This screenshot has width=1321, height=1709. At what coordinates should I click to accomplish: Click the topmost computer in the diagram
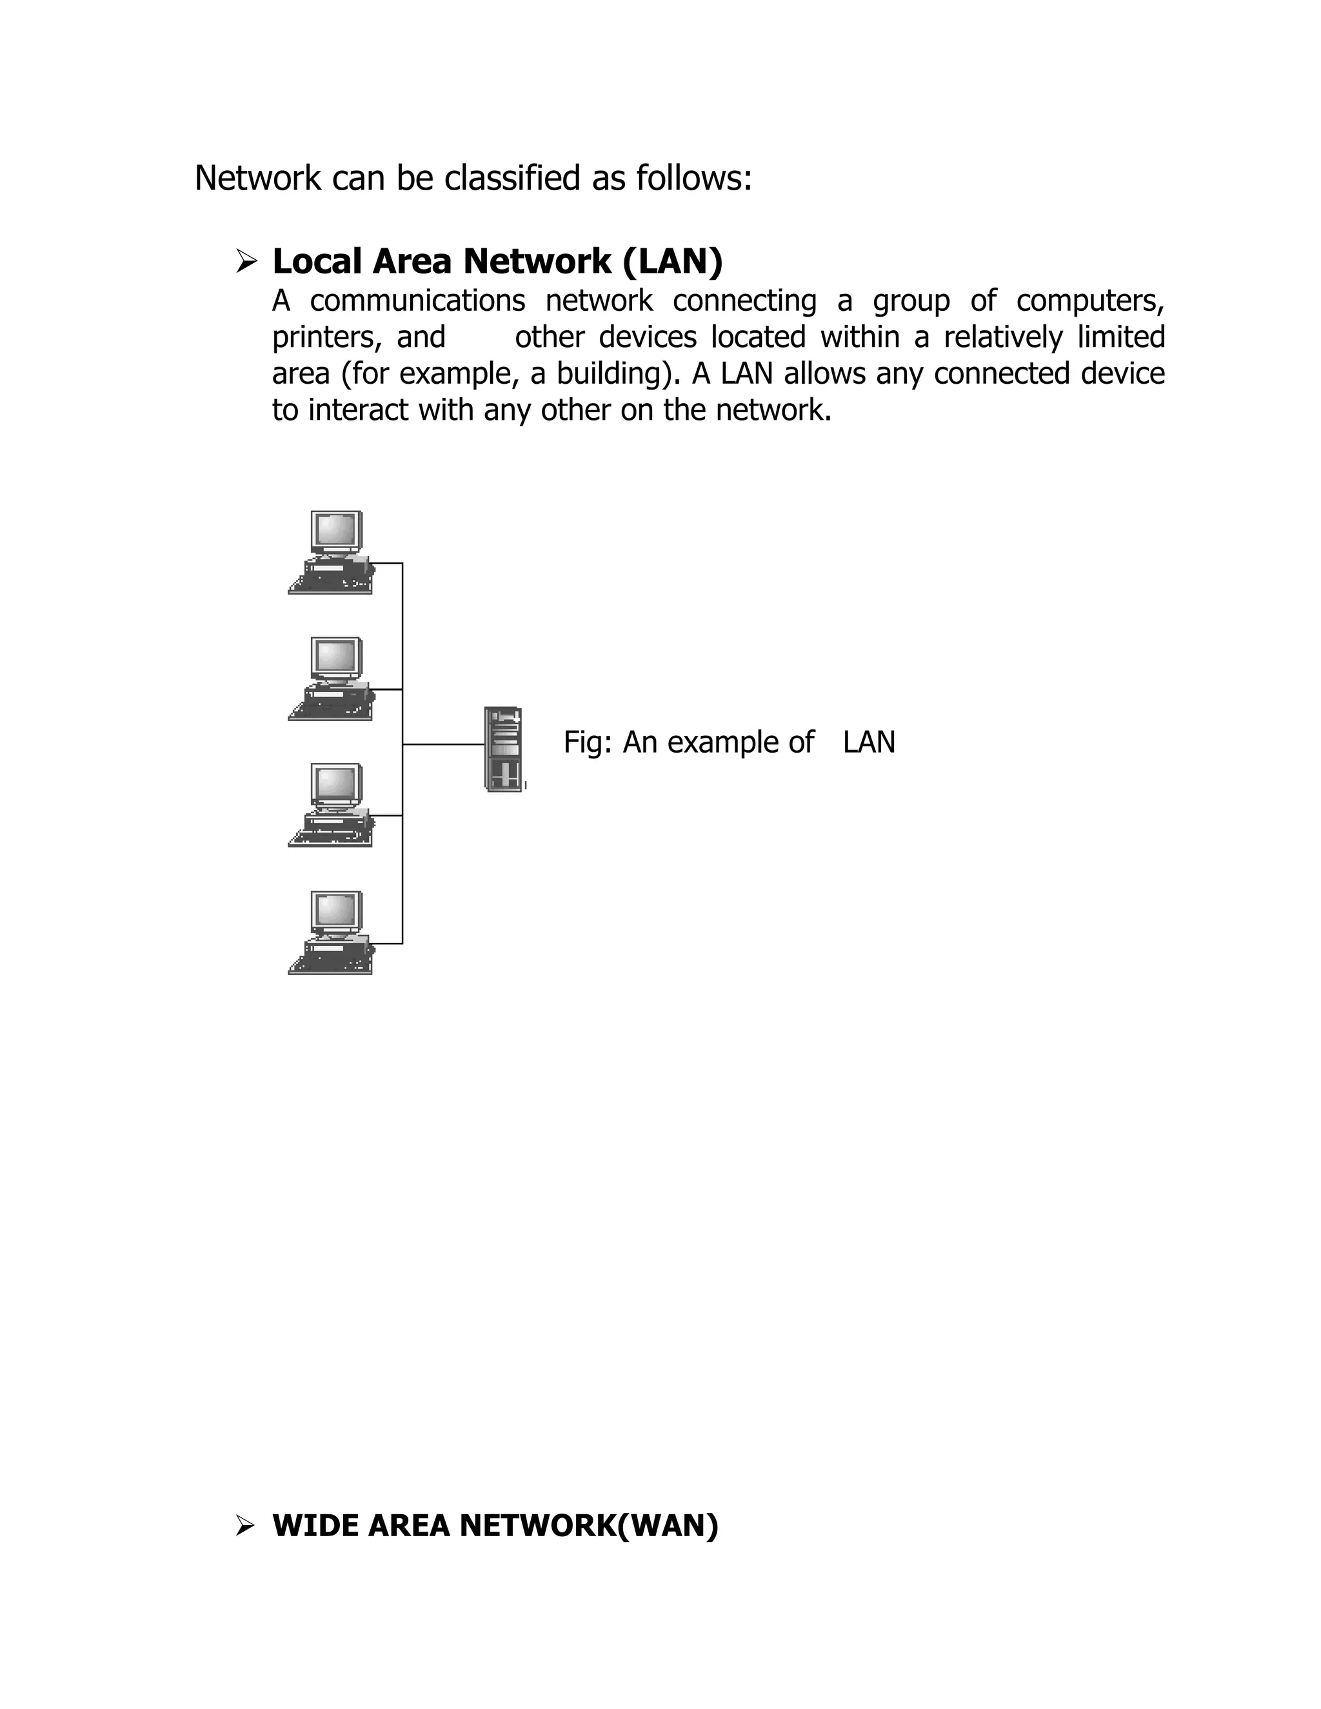pyautogui.click(x=331, y=554)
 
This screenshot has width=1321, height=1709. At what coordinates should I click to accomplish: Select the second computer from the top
pyautogui.click(x=331, y=679)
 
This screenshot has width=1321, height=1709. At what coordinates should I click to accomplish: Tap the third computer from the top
pyautogui.click(x=331, y=806)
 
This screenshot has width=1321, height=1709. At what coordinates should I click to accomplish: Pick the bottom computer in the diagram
pyautogui.click(x=331, y=933)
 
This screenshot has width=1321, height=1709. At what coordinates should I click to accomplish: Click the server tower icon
pyautogui.click(x=503, y=749)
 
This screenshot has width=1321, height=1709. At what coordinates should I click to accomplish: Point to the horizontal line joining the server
pyautogui.click(x=443, y=744)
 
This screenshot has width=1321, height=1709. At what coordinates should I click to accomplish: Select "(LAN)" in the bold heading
pyautogui.click(x=672, y=262)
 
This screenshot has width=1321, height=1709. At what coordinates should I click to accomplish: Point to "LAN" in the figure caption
pyautogui.click(x=869, y=742)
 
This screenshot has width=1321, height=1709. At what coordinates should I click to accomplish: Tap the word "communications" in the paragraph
pyautogui.click(x=417, y=301)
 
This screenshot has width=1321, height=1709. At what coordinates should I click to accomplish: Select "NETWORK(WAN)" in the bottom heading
pyautogui.click(x=588, y=1525)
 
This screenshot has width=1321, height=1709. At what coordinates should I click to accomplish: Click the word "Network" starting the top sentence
pyautogui.click(x=257, y=179)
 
